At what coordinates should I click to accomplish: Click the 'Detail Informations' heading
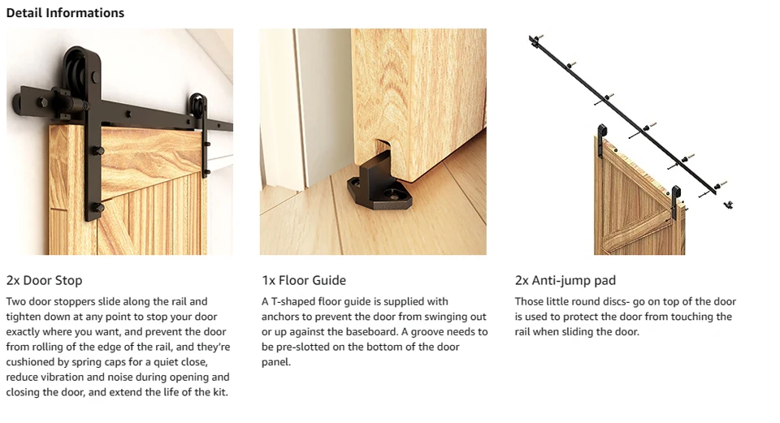point(65,13)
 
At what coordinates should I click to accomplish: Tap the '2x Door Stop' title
point(44,280)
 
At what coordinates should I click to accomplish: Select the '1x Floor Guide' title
point(304,280)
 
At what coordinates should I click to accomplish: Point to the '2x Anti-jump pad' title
point(565,280)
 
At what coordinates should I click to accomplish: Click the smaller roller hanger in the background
point(201,129)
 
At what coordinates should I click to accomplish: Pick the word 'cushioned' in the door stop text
point(29,362)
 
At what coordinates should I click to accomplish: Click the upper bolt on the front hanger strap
point(97,150)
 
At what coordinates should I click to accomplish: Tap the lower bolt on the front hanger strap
point(97,207)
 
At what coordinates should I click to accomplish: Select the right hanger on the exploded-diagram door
point(675,202)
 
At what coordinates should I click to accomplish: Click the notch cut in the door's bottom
point(381,149)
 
